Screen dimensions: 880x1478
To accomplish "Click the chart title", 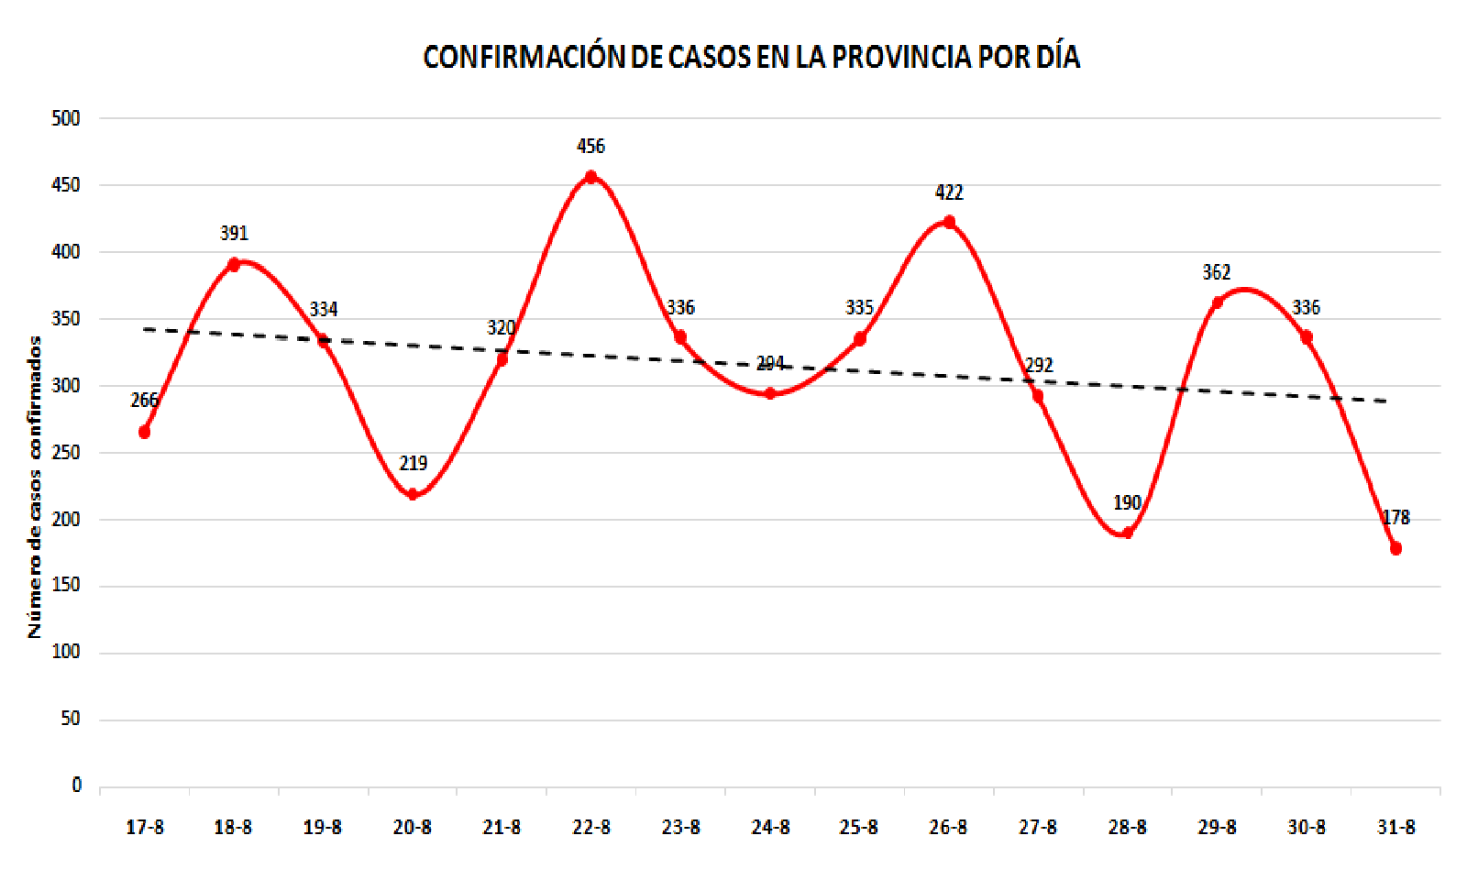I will click(751, 57).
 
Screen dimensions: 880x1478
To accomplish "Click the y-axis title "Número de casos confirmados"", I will click(35, 487).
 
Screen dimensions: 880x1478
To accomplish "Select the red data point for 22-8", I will click(591, 177).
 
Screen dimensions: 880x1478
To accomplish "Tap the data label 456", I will click(591, 146).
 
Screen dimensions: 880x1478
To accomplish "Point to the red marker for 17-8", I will click(144, 432).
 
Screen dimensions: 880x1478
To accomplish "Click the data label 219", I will click(414, 463).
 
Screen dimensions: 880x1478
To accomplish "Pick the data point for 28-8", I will click(1128, 533).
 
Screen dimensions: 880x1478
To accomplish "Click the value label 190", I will click(1128, 502).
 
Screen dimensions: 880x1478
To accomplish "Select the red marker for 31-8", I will click(1396, 548).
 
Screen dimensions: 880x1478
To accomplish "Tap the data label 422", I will click(949, 192).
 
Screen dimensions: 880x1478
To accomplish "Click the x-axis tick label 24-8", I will click(770, 827).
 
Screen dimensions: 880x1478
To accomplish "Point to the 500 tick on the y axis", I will click(66, 118).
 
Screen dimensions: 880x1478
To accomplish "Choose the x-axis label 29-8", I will click(1217, 827).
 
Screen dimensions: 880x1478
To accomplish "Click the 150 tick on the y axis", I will click(66, 585).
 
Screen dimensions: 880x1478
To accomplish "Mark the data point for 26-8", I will click(949, 222).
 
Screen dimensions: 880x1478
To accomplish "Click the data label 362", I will click(1217, 272).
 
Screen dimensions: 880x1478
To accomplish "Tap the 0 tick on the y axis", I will click(77, 785).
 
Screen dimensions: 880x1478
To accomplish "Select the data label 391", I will click(235, 233).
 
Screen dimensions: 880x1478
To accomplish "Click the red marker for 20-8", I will click(413, 494).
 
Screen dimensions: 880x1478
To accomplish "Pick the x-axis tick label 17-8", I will click(145, 827).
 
